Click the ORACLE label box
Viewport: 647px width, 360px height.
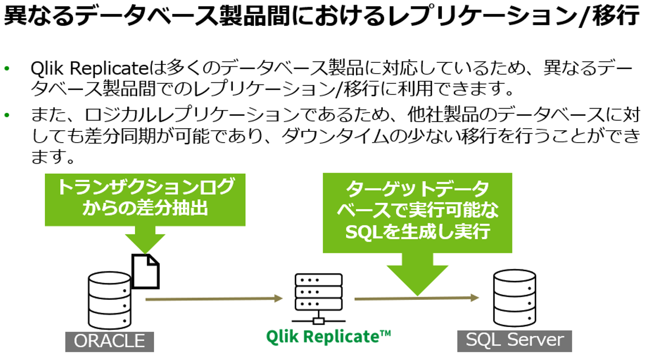pyautogui.click(x=109, y=341)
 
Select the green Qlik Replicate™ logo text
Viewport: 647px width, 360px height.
pyautogui.click(x=329, y=336)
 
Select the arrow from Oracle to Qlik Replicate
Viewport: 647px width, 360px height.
pyautogui.click(x=214, y=298)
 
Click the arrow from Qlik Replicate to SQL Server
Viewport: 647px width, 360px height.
pyautogui.click(x=416, y=298)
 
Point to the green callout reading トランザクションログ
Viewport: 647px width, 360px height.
pyautogui.click(x=145, y=199)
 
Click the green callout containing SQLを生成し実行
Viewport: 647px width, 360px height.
pyautogui.click(x=417, y=212)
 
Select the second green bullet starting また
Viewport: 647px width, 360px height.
pyautogui.click(x=7, y=114)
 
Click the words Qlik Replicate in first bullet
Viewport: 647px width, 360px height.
pyautogui.click(x=89, y=68)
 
